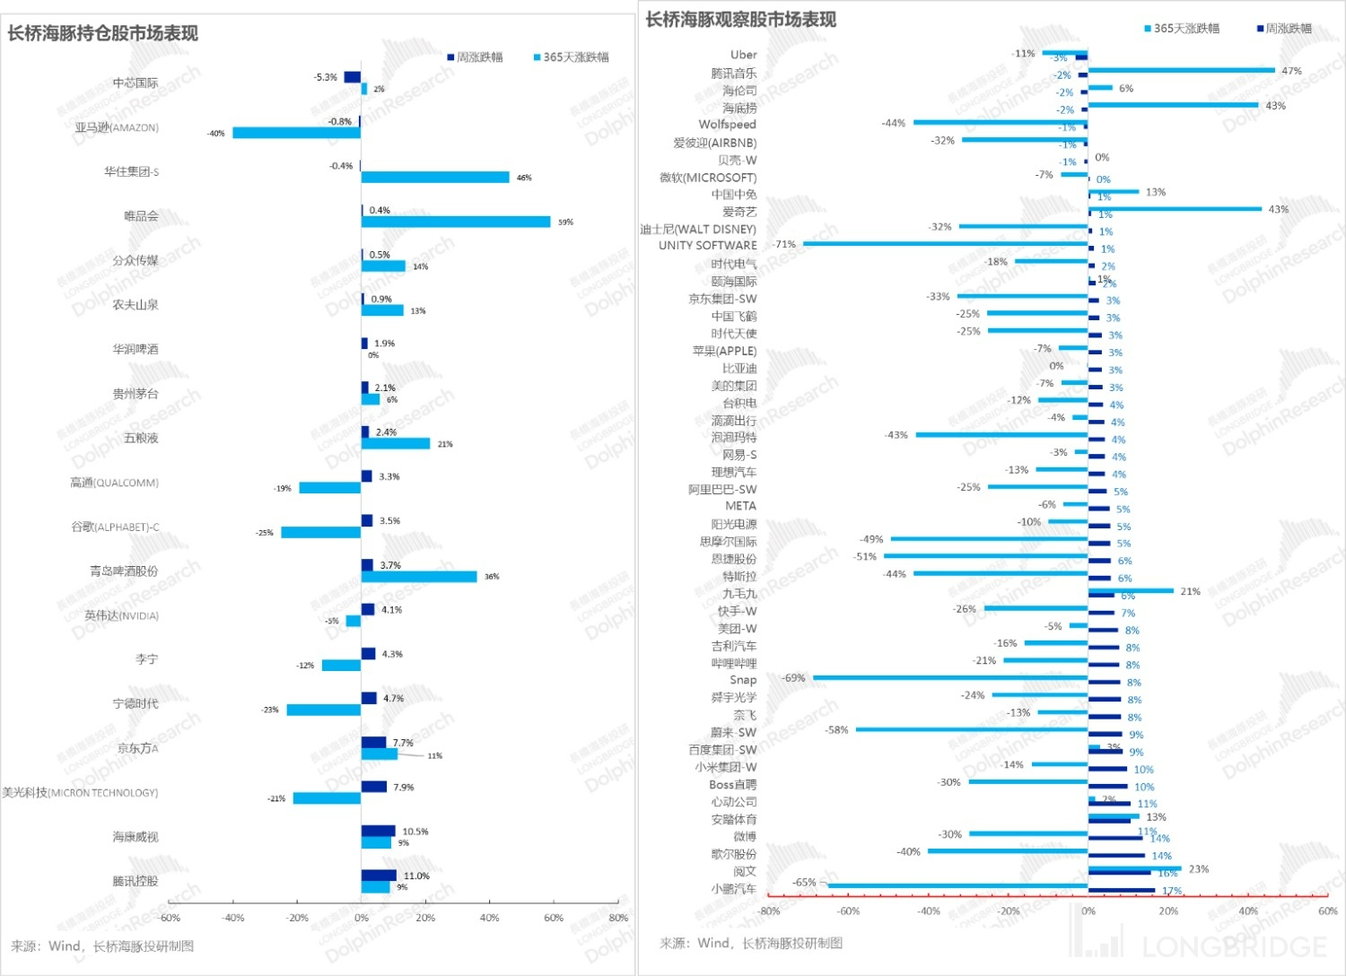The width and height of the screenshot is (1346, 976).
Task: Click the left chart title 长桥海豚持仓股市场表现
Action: tap(103, 34)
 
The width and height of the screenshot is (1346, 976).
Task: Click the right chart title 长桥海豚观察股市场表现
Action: tap(740, 20)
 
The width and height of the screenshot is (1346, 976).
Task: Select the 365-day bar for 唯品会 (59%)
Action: tap(456, 222)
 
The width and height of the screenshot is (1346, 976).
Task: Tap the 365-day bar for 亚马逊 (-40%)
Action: tap(297, 133)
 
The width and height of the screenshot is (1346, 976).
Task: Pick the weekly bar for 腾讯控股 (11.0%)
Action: tap(379, 876)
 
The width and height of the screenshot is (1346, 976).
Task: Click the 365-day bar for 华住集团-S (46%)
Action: tap(435, 178)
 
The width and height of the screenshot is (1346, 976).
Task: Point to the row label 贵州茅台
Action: tap(135, 394)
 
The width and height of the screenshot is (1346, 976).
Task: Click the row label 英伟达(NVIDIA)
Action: tap(121, 615)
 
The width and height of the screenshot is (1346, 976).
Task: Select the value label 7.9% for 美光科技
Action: tap(404, 787)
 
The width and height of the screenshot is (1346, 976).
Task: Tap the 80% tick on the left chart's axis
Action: tap(618, 918)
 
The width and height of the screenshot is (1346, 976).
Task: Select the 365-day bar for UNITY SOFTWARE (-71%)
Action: tap(946, 244)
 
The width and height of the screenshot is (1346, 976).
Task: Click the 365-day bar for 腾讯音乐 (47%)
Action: tap(1181, 70)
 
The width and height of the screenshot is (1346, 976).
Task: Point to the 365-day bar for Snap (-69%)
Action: tap(950, 678)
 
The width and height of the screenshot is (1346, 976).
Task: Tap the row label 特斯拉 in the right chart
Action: tap(739, 577)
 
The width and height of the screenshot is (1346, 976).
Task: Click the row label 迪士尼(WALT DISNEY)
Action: tap(698, 229)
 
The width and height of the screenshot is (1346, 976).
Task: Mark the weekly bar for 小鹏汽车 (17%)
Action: tap(1122, 891)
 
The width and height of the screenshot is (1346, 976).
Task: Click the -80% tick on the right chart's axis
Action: tap(769, 911)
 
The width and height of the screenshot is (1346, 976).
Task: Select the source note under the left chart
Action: tap(102, 946)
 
